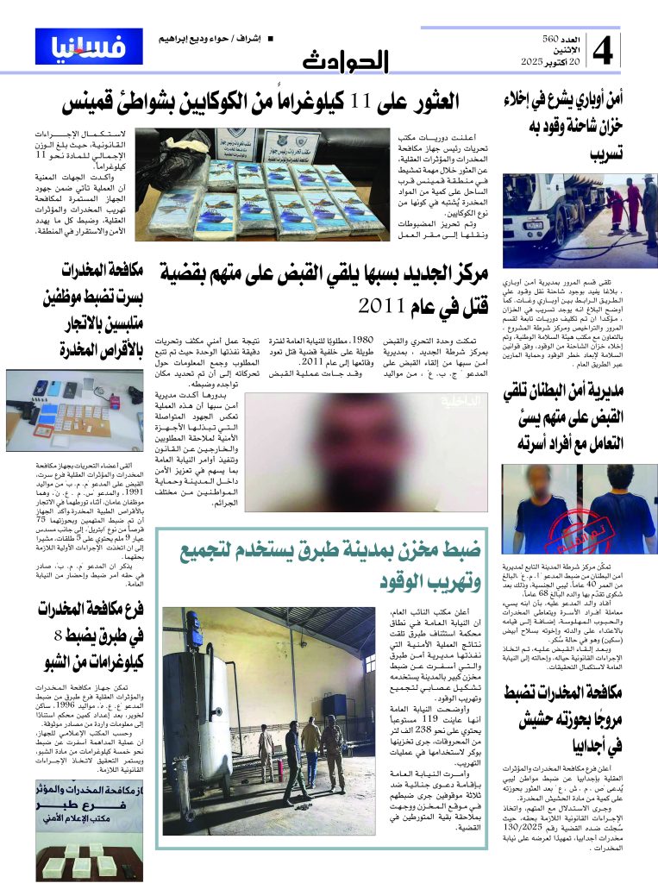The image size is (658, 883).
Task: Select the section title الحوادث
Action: click(346, 61)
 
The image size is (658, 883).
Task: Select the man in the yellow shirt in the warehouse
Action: click(266, 749)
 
